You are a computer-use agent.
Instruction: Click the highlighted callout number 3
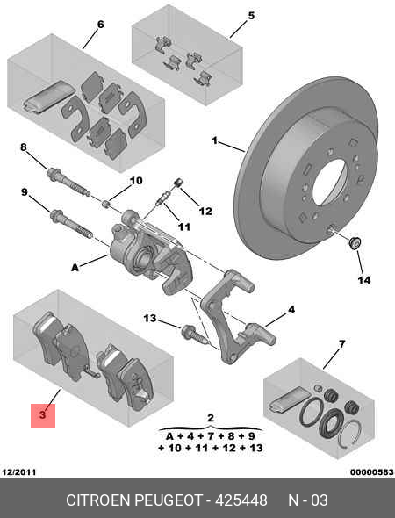(43, 415)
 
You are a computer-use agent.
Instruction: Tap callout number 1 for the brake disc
(215, 141)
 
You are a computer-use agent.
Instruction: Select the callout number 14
(364, 280)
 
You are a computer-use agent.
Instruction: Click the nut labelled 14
(355, 243)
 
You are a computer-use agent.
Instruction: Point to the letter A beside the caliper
(75, 267)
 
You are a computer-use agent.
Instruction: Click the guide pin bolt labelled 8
(68, 182)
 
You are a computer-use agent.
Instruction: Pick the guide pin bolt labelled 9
(71, 223)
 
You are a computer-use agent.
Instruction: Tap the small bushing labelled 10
(106, 204)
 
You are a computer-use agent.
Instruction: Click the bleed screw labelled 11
(162, 198)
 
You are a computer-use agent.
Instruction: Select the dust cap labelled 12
(179, 183)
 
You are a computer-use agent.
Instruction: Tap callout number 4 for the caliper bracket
(291, 310)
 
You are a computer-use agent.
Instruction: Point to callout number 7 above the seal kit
(341, 344)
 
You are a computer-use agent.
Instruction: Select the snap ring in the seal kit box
(351, 433)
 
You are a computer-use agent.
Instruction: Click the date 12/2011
(18, 472)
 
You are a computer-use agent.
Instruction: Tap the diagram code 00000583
(372, 472)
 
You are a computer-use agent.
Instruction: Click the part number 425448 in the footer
(241, 500)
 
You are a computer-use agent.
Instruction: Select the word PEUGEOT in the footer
(169, 500)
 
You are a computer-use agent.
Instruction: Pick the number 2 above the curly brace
(211, 418)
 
